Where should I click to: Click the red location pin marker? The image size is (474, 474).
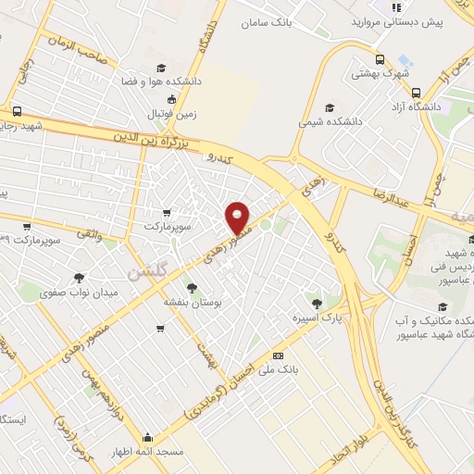238,218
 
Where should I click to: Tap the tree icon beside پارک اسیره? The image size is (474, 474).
317,304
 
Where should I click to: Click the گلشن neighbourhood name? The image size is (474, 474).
146,273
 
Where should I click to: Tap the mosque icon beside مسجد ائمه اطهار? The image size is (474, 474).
146,437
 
